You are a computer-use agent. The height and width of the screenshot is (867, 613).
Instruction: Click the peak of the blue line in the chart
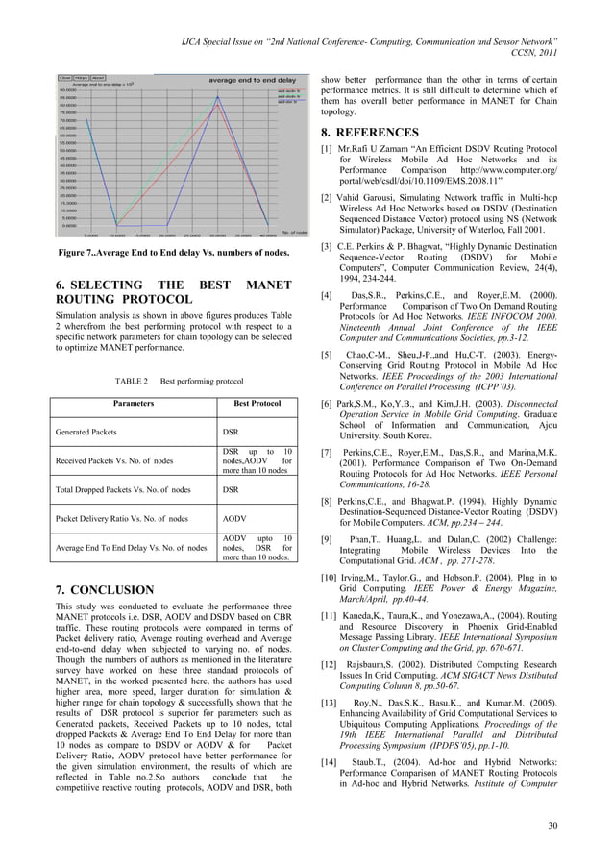pos(220,96)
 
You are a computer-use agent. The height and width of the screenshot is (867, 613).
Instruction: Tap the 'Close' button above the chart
pos(64,77)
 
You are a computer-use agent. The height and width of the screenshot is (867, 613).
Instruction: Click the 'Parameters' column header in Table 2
pos(130,404)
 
